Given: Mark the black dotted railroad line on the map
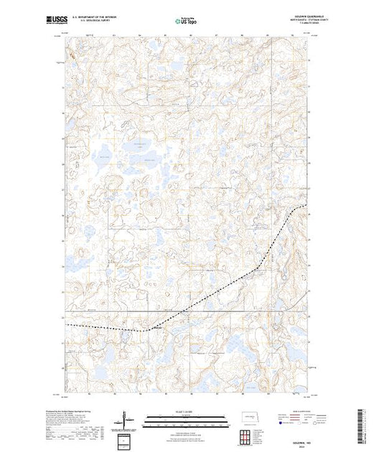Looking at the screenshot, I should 215,293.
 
